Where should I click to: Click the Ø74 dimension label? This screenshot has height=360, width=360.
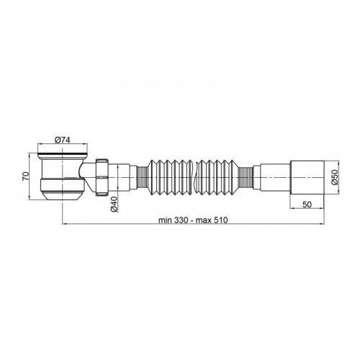(63, 140)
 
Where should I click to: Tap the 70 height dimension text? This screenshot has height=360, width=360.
(26, 176)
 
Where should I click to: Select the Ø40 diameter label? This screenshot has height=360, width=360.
(114, 204)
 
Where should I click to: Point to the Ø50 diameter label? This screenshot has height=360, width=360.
(335, 177)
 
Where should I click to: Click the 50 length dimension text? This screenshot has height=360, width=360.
(307, 204)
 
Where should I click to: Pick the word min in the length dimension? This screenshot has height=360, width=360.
(165, 220)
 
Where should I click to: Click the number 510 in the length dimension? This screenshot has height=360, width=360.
(220, 220)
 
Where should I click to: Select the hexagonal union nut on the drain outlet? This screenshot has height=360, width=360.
(102, 177)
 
